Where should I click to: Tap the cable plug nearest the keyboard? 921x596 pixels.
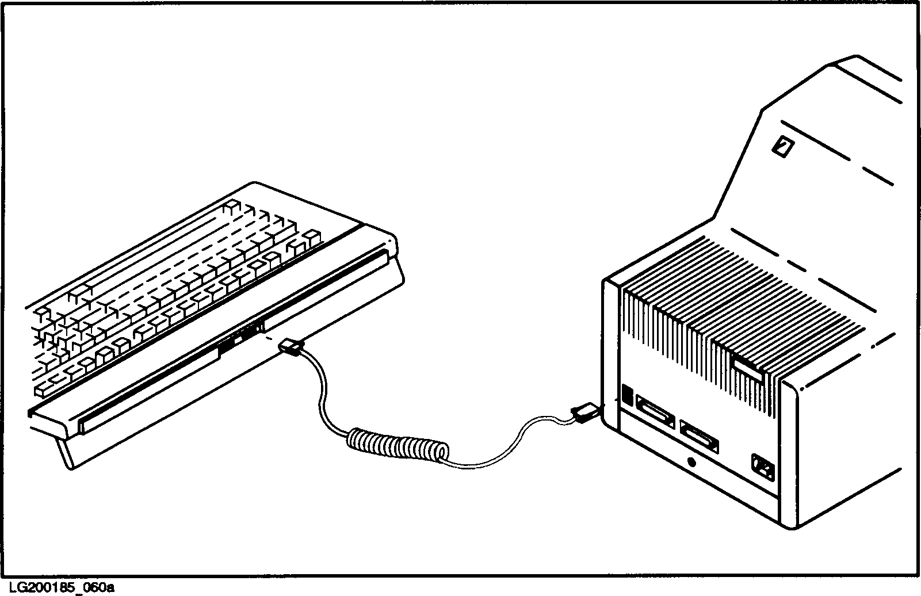(291, 348)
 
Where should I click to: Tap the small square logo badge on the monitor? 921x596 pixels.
(782, 147)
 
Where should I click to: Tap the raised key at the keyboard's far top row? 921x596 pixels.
(231, 206)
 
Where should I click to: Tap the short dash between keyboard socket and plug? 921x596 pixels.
(269, 341)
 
